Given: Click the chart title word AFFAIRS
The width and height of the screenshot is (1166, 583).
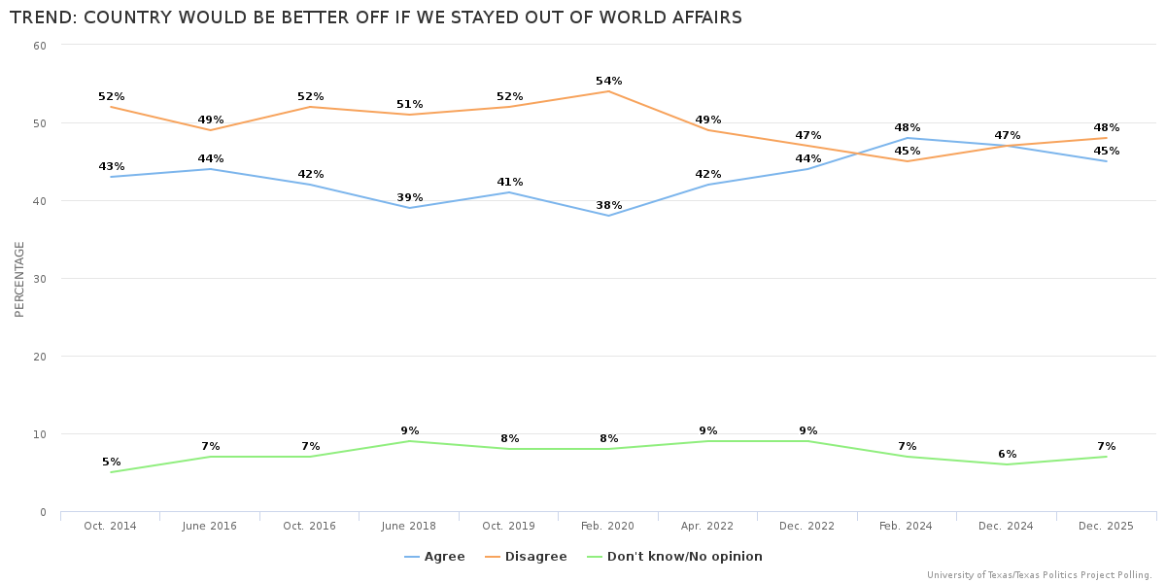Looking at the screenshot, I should [x=701, y=17].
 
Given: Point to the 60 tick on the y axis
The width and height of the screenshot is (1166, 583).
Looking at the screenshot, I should [x=40, y=46].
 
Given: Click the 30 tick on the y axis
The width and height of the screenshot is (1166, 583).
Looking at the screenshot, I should [x=40, y=279].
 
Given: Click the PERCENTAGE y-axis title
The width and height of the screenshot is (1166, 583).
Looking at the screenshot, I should [x=19, y=279].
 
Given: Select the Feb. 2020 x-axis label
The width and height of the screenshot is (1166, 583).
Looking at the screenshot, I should [x=608, y=526].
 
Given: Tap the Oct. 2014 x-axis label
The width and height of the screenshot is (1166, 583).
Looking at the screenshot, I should [x=111, y=526].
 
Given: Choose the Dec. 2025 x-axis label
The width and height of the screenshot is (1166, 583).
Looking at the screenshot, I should [x=1106, y=526].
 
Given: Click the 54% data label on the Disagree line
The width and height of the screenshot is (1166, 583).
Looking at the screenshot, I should [x=609, y=82].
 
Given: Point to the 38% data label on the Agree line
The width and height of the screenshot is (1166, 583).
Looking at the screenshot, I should [x=609, y=206].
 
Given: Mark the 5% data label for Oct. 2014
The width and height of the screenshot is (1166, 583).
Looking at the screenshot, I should [x=112, y=463].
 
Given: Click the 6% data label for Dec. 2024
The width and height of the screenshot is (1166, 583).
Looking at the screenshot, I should [x=1008, y=455].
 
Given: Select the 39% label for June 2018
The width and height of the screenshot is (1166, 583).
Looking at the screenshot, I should [x=410, y=198].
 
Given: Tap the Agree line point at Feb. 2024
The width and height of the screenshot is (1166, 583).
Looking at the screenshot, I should [x=908, y=138].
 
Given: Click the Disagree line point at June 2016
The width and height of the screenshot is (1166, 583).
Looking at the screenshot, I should [x=211, y=130].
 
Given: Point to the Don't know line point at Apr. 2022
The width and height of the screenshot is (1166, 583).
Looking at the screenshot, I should [x=708, y=441].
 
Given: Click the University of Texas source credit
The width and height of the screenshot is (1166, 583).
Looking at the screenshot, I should [x=1039, y=575].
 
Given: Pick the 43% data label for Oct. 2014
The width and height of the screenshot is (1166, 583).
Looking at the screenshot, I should [x=112, y=167].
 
